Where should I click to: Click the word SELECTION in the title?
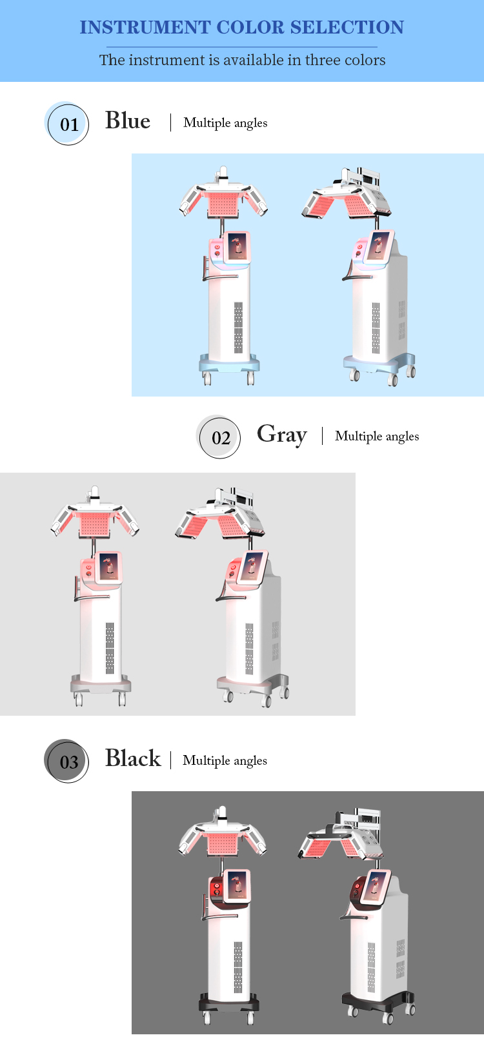pos(347,27)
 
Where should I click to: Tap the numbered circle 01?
pos(68,124)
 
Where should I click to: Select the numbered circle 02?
pos(220,438)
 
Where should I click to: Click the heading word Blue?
pos(128,121)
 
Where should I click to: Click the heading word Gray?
pos(281,435)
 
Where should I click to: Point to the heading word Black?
pos(133,758)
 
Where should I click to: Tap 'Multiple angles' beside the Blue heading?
pos(225,123)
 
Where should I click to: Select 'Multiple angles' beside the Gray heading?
pos(377,436)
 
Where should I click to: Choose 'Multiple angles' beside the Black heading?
pos(225,760)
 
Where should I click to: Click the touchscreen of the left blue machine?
pos(237,246)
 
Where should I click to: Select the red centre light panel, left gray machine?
pos(95,526)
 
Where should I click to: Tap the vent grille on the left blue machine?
pos(238,327)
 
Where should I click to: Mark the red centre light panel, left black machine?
pos(223,844)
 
